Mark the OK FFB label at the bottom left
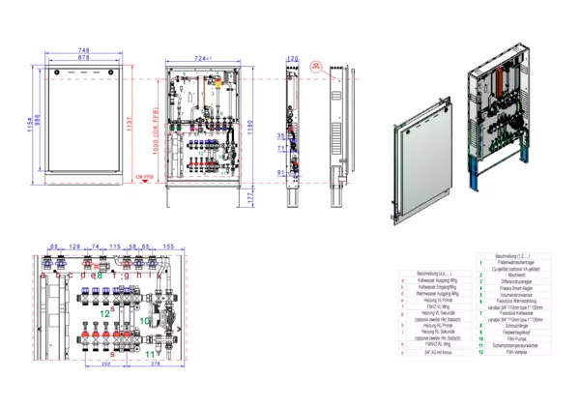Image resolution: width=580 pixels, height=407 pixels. pos(143,178)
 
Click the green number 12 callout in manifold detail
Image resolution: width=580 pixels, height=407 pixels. pos(105,313)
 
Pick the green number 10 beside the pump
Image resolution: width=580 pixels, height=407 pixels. pos(145,319)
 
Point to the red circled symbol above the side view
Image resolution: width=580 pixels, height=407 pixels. pos(315,68)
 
